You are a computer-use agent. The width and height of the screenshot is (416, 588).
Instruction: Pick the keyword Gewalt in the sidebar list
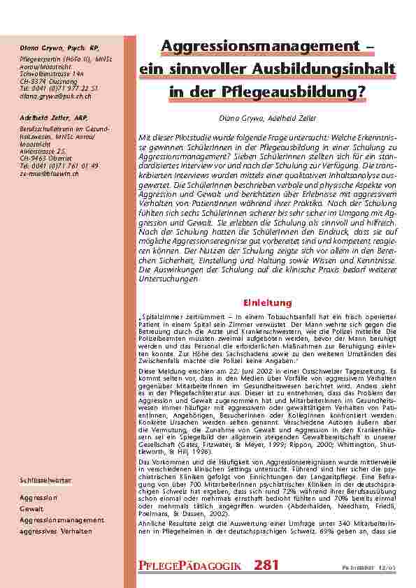coord(31,508)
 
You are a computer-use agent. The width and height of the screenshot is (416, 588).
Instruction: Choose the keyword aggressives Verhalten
coord(56,531)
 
